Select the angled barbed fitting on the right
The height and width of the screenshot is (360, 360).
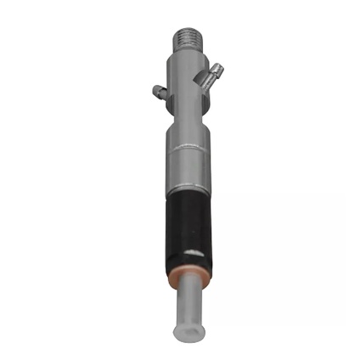(x=210, y=75)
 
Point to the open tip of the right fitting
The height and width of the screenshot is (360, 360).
(x=221, y=65)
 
